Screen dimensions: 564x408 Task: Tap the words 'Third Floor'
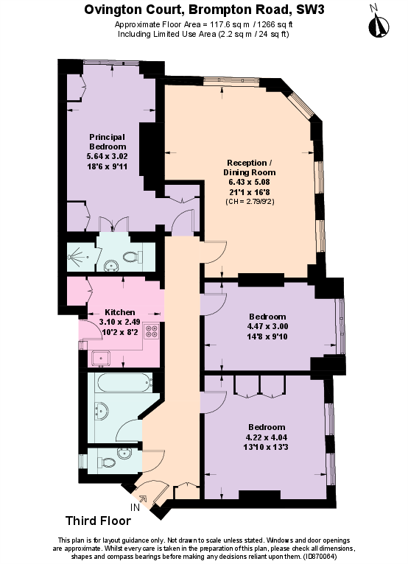(x=98, y=521)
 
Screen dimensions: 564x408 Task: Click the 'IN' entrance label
(x=135, y=508)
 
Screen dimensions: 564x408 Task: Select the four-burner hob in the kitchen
(x=152, y=331)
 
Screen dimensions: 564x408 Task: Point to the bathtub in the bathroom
(x=121, y=383)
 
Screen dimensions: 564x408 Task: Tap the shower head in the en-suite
(x=73, y=257)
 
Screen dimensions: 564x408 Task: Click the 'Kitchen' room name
(x=119, y=311)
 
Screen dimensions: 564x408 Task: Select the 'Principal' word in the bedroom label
(x=108, y=137)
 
